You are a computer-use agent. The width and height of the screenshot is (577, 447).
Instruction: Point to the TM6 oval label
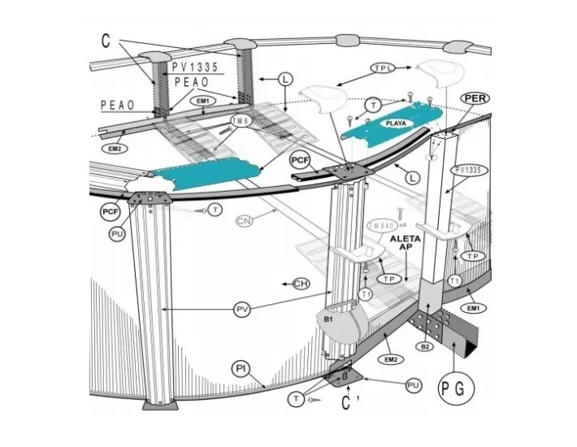[241, 121]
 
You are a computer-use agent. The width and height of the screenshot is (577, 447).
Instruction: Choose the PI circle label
[241, 369]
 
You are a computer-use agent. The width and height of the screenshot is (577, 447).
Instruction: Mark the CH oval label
[301, 283]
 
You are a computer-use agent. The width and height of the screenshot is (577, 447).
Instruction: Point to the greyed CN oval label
[245, 221]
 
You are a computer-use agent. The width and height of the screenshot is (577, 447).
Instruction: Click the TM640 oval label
[382, 225]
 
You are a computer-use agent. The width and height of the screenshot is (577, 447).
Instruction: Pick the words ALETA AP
[405, 244]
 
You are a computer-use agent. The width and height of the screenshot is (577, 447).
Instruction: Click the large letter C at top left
[107, 39]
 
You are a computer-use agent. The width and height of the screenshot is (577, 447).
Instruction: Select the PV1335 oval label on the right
[470, 171]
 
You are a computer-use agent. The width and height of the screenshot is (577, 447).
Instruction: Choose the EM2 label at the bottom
[388, 358]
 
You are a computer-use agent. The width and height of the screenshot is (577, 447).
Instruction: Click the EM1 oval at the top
[203, 100]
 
